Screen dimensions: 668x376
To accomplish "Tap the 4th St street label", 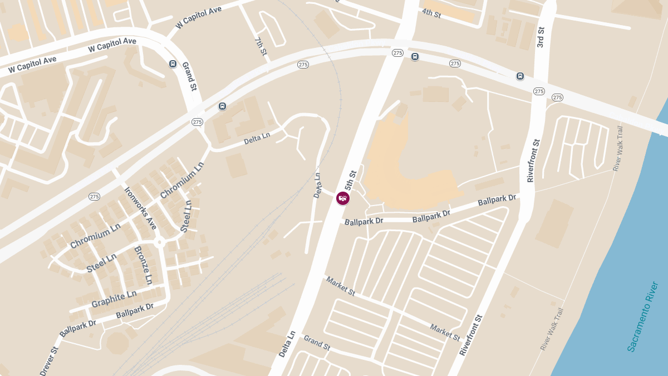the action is coord(431,13).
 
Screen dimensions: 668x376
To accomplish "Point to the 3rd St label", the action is coord(540,36).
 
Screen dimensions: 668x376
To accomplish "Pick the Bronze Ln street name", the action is coord(144,265).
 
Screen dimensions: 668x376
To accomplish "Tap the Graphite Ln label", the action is coord(114,300).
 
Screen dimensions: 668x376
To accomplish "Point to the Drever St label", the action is coord(49,361).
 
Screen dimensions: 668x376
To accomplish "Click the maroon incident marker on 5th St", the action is coord(343,198).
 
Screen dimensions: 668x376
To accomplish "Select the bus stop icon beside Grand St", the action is coord(173,64).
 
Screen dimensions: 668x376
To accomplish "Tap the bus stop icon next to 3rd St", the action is coord(520,76).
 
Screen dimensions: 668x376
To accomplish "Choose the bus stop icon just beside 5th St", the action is coord(415,56).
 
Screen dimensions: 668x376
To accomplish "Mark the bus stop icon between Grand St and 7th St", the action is coord(222,106).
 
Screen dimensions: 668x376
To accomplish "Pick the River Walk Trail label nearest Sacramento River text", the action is coord(552,329).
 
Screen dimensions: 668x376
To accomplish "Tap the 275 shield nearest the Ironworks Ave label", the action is coord(94,197).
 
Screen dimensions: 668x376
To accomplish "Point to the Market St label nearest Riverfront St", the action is coord(445,332).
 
